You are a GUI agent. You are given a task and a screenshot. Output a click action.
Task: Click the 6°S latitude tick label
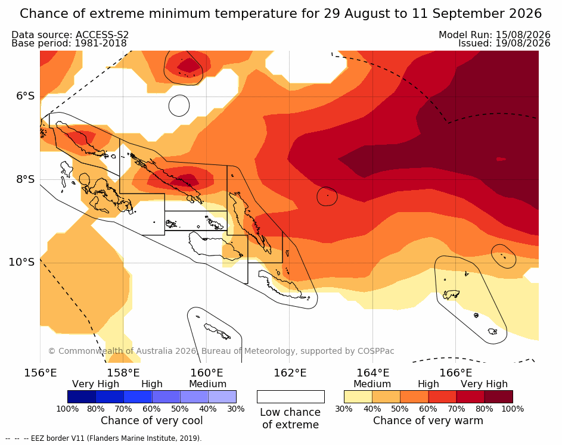26,96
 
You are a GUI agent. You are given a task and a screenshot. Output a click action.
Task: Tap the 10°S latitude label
21,262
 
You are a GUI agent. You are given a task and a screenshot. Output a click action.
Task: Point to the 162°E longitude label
290,373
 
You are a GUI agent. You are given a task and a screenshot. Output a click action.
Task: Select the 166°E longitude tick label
455,373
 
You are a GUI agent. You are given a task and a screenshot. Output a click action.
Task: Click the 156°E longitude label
41,373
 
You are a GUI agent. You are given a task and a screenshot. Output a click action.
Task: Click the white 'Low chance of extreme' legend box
291,397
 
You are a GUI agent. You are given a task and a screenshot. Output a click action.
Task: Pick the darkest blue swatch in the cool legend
82,397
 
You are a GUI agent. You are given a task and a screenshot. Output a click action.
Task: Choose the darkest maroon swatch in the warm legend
499,397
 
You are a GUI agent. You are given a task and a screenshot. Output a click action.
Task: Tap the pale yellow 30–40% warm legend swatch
358,397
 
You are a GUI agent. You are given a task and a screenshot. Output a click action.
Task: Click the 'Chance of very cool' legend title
151,421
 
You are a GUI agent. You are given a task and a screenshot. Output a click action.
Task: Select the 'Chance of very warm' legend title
428,421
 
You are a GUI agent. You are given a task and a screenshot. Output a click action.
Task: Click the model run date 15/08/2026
523,35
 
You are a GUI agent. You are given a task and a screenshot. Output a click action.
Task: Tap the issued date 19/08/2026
523,43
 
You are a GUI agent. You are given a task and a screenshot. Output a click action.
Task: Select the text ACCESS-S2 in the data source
102,35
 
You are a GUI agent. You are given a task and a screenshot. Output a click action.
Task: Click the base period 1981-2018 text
101,43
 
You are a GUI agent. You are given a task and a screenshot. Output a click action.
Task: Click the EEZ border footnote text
104,438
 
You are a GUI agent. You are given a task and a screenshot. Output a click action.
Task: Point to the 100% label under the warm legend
513,409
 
